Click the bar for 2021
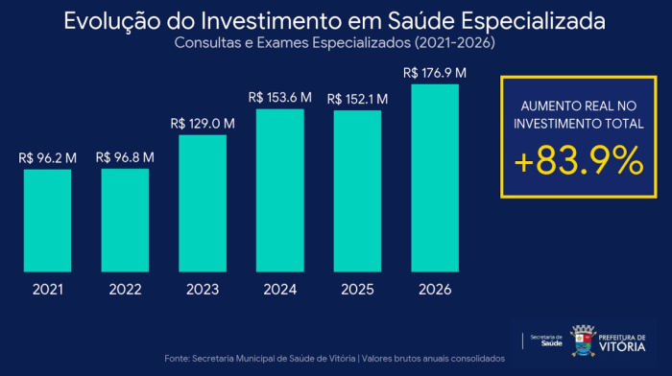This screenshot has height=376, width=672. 48,221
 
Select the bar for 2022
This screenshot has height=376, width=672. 125,221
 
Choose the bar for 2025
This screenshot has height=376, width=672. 357,191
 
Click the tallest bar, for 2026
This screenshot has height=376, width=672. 435,177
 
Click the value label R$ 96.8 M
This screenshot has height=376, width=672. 125,157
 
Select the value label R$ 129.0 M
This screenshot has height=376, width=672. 203,124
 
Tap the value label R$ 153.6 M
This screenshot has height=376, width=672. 280,97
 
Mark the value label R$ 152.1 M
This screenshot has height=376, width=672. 357,99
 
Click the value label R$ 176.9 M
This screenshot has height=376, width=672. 435,72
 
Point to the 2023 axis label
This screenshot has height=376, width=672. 203,289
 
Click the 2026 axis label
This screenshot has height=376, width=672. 435,289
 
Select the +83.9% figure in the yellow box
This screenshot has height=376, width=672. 578,162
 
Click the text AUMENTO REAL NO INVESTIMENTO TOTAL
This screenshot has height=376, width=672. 578,115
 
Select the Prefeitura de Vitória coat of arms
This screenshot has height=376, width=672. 583,340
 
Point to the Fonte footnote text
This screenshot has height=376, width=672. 334,358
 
